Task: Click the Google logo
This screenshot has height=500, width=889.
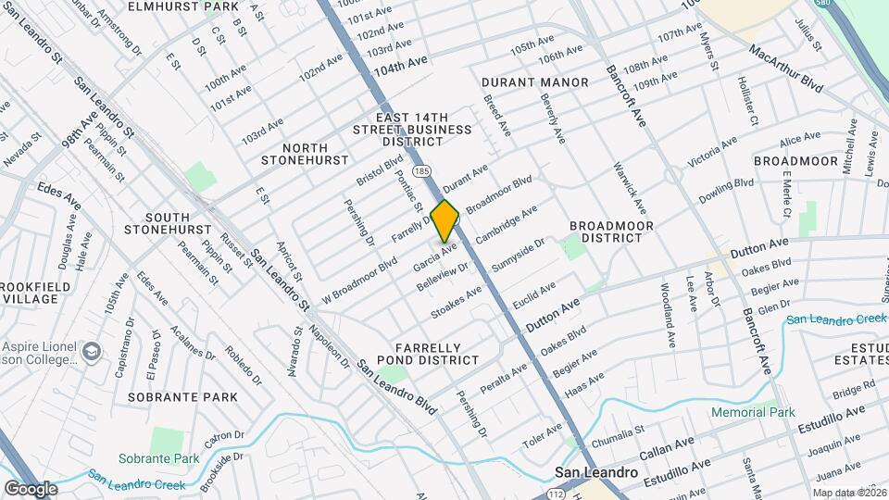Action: click(x=31, y=488)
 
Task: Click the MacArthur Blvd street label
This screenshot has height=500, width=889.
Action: click(x=785, y=68)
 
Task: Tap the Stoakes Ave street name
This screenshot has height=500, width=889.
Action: click(x=457, y=299)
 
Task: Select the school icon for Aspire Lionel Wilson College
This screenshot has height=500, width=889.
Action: click(x=92, y=351)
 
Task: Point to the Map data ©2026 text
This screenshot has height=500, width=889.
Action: click(x=847, y=493)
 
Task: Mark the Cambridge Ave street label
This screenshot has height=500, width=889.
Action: click(x=506, y=226)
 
